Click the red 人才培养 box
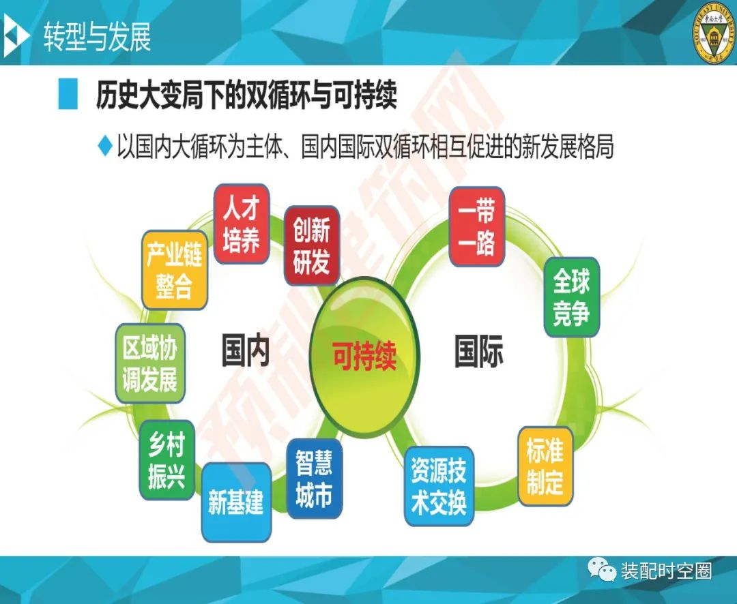242,224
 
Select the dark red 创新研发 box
312,245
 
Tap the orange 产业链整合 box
175,270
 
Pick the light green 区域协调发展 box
150,363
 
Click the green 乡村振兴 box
167,459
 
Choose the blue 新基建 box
236,502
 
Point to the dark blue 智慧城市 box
314,479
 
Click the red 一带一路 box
476,226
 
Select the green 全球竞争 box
572,297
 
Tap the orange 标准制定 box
545,466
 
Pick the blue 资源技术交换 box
439,485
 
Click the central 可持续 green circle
364,356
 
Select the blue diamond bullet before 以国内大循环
105,146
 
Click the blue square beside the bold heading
68,94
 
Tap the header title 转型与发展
98,37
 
